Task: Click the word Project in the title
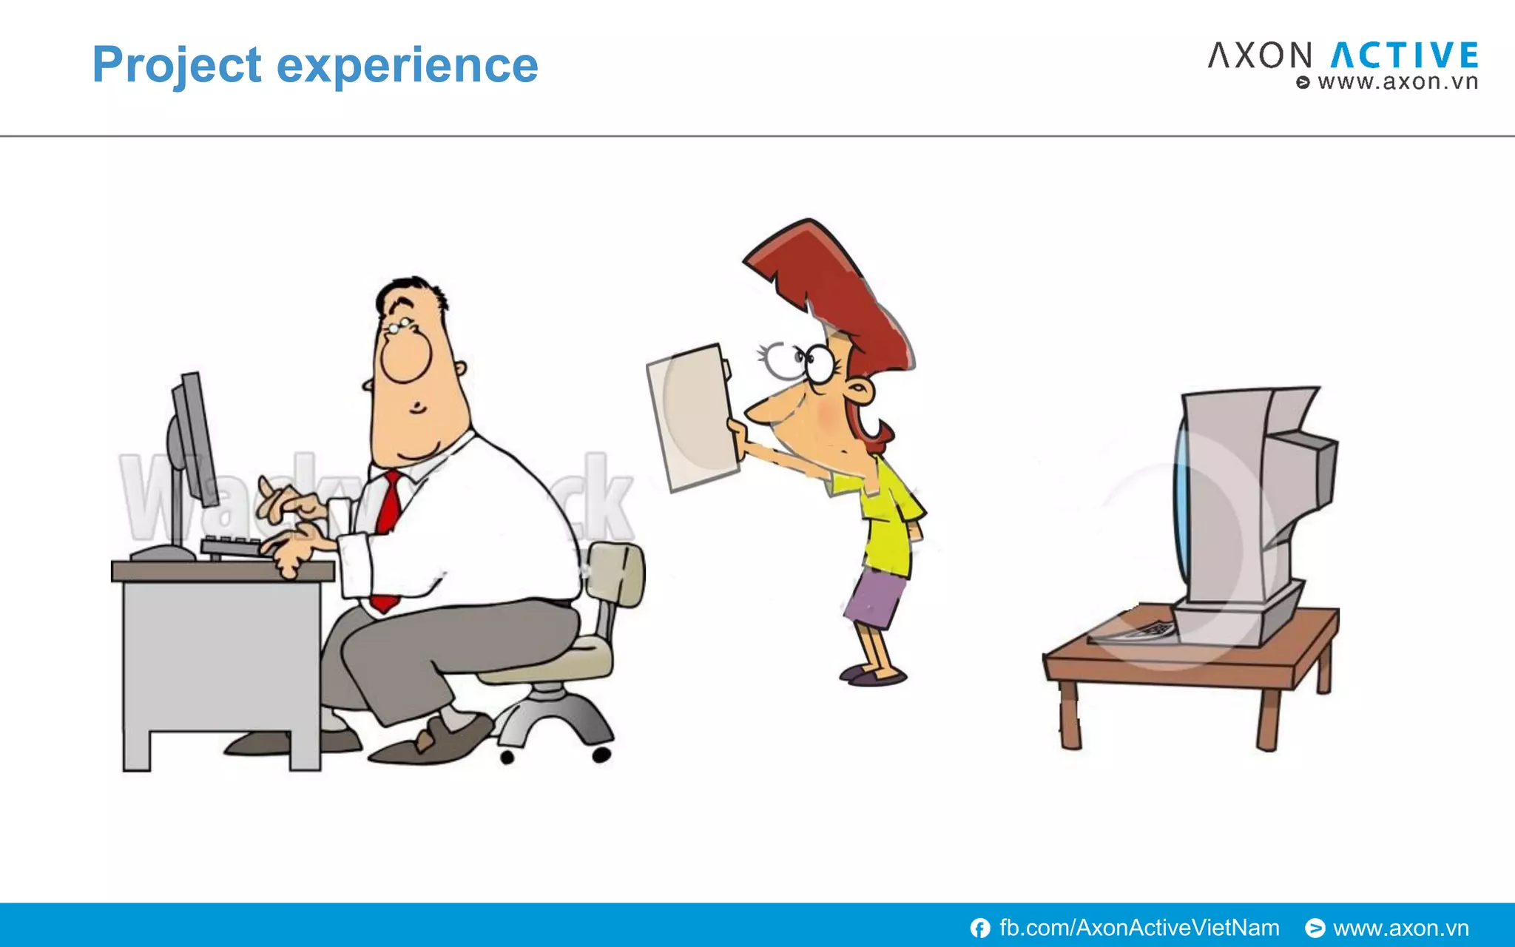[176, 65]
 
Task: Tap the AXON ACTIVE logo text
[1343, 56]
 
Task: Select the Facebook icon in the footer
[980, 928]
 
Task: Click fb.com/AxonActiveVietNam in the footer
[1139, 928]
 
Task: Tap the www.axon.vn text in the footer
[1400, 928]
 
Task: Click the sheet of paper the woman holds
[692, 418]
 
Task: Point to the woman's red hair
[836, 289]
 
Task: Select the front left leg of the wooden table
[1069, 714]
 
